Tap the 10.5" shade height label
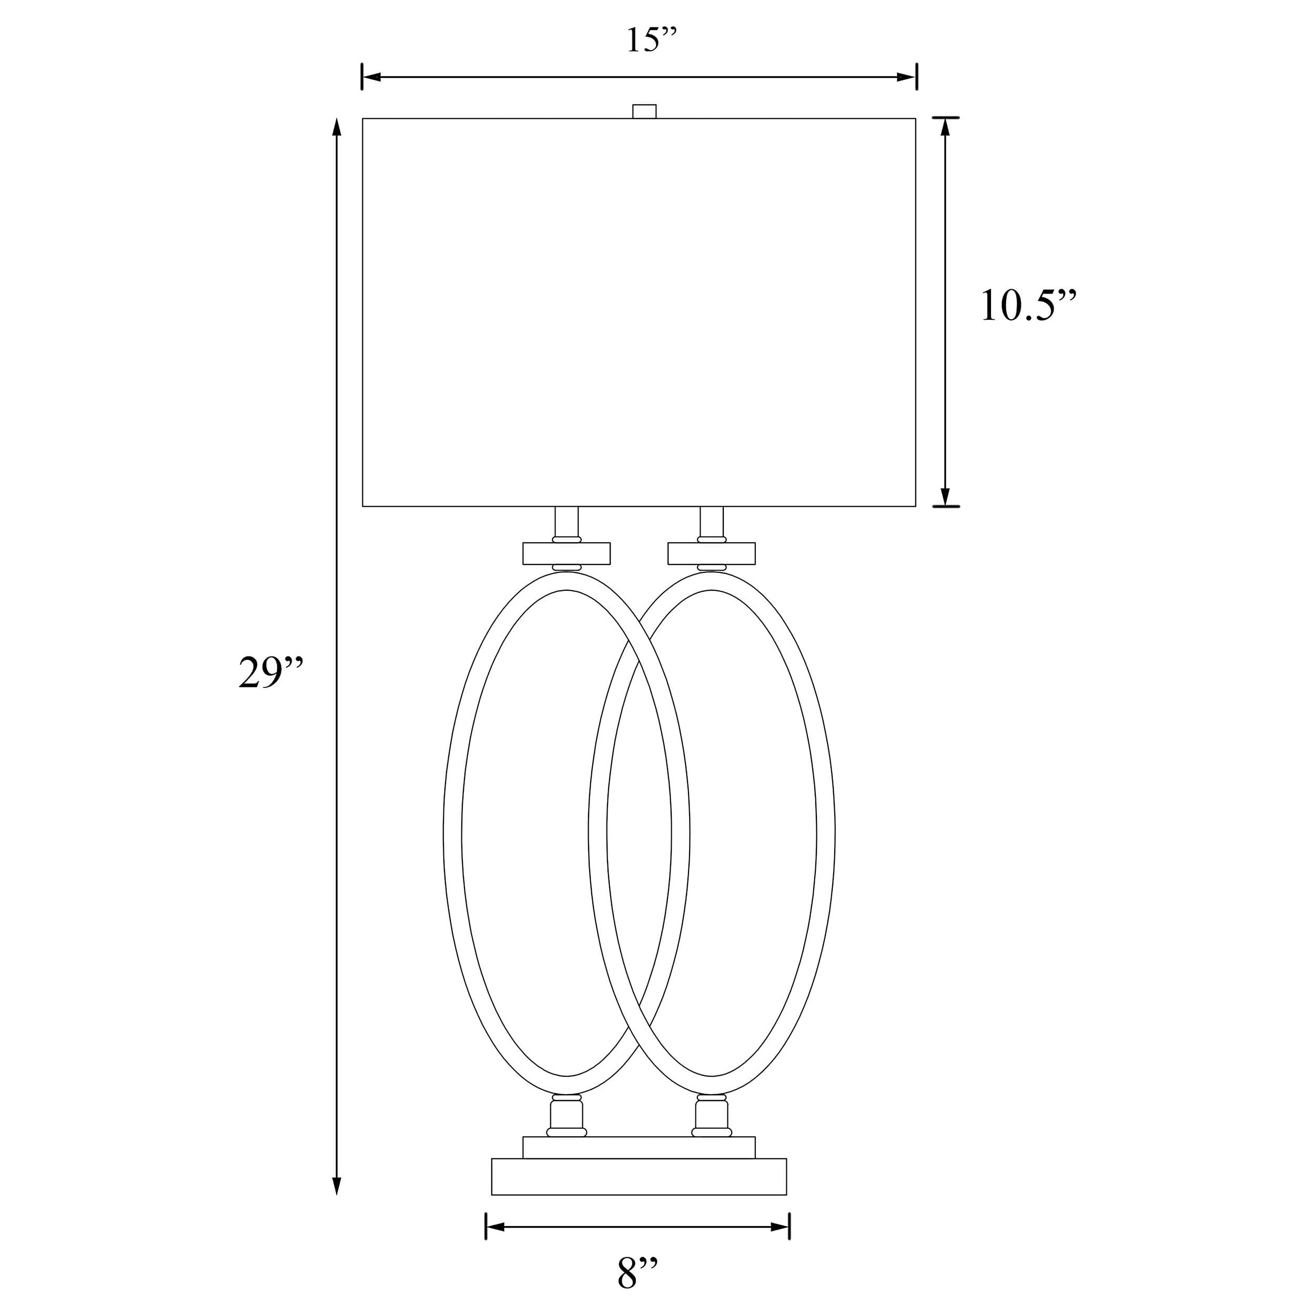[1028, 306]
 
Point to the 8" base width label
[638, 1274]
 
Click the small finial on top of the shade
[644, 111]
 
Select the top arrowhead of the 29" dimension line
[336, 128]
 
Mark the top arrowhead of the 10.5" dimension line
[945, 127]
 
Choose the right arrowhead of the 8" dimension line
[780, 1227]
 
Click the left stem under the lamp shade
[567, 522]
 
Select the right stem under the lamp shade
[711, 522]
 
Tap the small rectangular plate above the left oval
[567, 553]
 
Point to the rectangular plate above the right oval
[711, 553]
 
